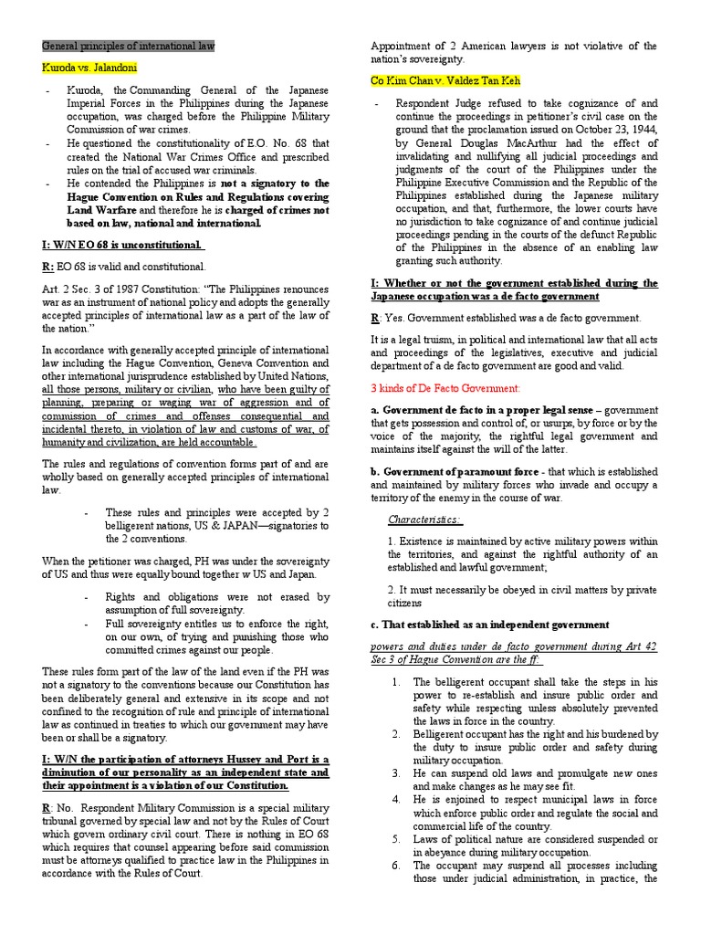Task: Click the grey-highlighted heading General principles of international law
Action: (129, 46)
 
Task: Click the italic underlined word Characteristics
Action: (424, 520)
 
